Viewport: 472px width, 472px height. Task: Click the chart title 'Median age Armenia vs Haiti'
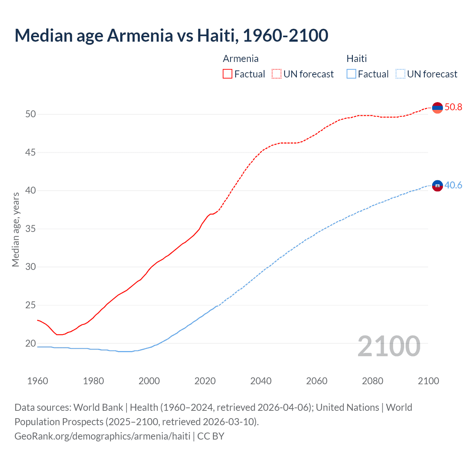point(171,36)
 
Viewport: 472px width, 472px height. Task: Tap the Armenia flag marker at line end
point(437,108)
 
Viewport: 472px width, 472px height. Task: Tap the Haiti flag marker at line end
point(437,186)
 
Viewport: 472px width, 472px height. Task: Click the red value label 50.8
point(453,107)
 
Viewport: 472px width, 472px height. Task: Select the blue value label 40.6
point(453,185)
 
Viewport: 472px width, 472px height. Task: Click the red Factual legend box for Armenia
point(228,74)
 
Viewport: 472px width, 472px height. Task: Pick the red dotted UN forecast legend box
point(277,74)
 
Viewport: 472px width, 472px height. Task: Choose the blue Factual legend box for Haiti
point(351,74)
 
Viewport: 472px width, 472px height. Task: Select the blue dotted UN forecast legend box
point(400,74)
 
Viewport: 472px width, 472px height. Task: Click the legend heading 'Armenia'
point(240,59)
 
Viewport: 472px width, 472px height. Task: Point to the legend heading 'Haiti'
point(357,59)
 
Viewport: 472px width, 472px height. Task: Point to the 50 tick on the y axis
point(31,114)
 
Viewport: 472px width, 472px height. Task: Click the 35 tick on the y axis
point(31,229)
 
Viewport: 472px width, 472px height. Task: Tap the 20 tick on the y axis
point(31,344)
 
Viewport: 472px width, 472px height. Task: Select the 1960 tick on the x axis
point(38,381)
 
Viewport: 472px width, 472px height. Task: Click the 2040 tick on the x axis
point(261,381)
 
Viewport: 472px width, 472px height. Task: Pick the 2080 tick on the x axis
point(372,381)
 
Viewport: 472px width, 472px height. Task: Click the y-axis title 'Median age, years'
point(15,229)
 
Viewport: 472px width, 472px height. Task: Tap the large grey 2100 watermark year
point(389,346)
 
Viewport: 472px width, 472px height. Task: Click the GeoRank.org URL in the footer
point(102,436)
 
